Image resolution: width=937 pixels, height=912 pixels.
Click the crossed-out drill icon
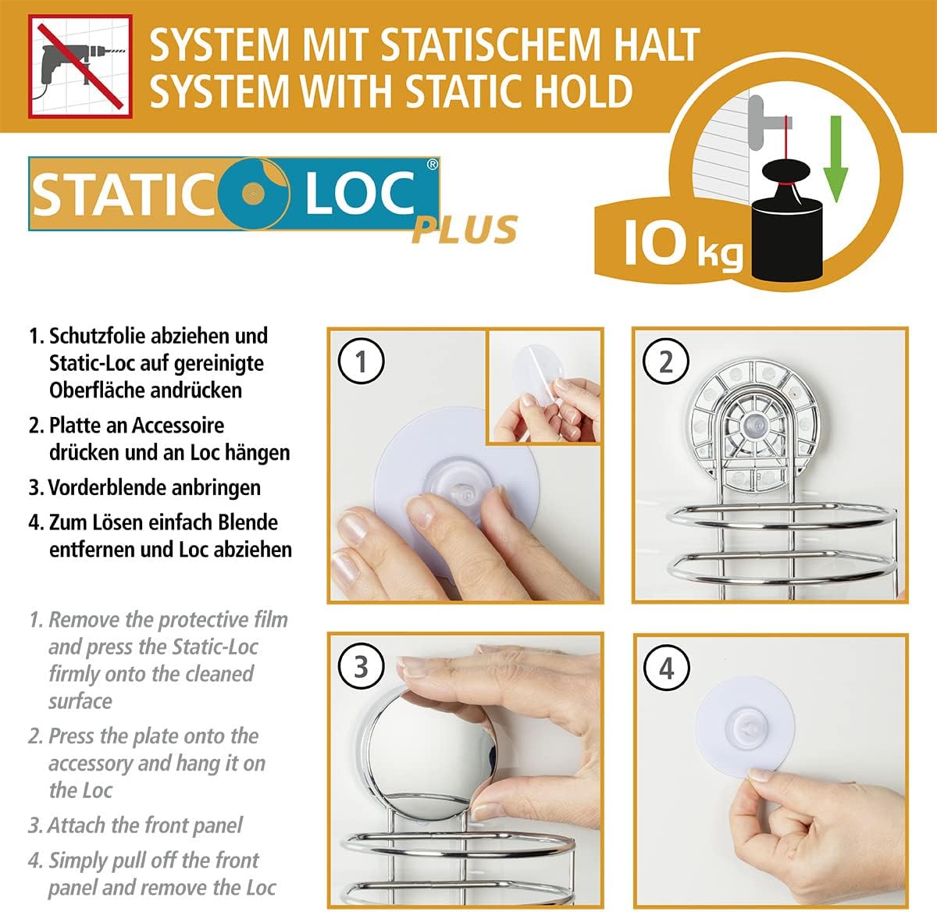click(x=80, y=66)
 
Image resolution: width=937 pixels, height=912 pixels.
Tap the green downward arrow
click(x=835, y=159)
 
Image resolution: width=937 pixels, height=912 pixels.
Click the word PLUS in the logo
click(x=465, y=230)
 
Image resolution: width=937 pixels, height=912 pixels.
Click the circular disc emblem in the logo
click(x=254, y=194)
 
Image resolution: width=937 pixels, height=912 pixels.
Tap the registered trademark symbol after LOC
click(x=433, y=165)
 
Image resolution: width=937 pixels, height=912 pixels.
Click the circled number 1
click(x=361, y=362)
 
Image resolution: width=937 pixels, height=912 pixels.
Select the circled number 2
click(x=666, y=362)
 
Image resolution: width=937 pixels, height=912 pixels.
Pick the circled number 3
click(x=361, y=667)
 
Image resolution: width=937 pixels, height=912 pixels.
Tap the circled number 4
click(x=666, y=668)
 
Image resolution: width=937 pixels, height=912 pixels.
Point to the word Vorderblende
click(x=106, y=487)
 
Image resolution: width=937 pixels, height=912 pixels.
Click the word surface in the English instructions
click(x=80, y=701)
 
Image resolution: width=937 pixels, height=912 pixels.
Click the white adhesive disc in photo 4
click(x=744, y=727)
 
